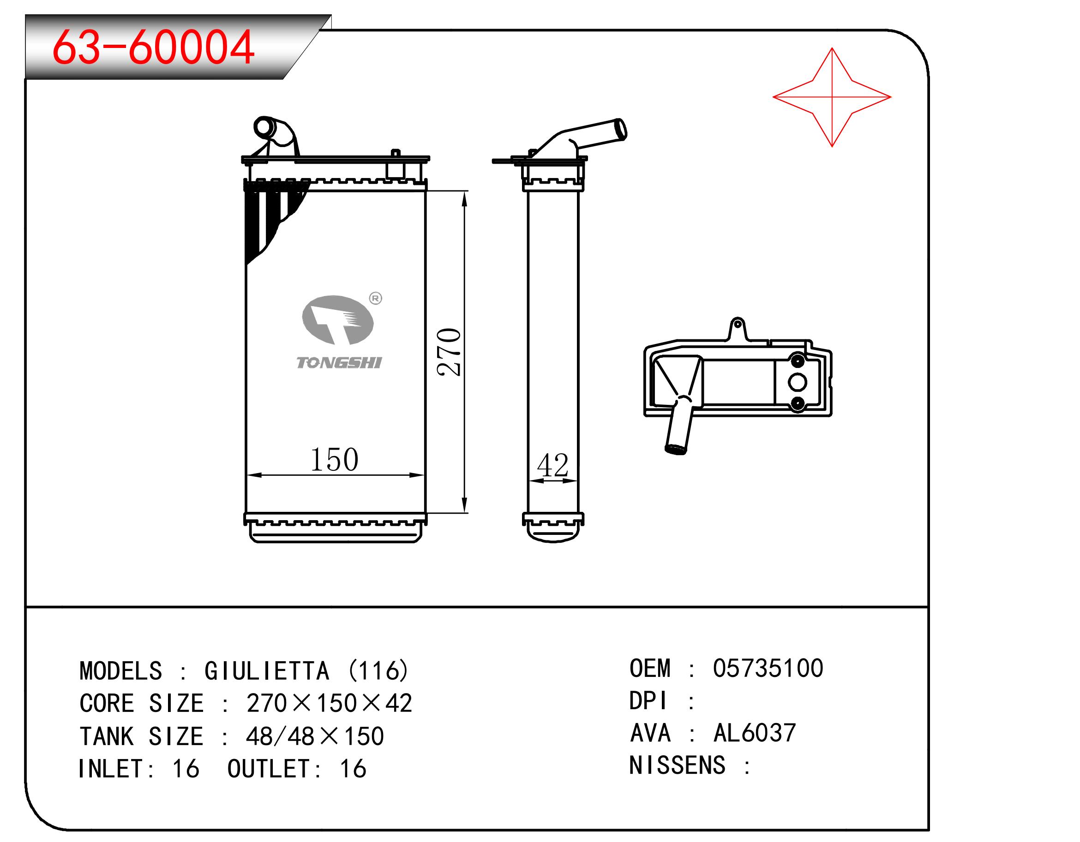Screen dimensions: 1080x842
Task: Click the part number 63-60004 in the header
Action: coord(153,47)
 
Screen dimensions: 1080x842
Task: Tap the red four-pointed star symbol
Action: coord(832,97)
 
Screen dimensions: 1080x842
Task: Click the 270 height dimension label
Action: coord(449,352)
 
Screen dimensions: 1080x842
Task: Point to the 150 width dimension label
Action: coord(334,460)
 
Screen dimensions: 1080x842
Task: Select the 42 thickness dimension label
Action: coord(552,465)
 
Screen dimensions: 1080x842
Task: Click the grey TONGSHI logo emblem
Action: coord(338,320)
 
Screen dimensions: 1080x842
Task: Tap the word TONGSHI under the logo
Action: coord(339,363)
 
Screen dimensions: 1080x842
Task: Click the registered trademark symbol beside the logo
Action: coord(376,298)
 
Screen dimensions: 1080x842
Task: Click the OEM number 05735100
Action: coord(768,668)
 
